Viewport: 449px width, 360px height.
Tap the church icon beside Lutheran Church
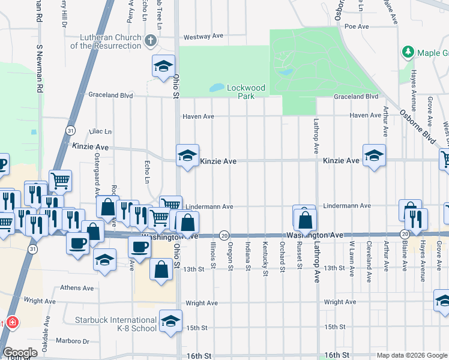[151, 41]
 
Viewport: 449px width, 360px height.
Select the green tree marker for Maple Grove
[408, 52]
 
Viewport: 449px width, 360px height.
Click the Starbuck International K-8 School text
[116, 324]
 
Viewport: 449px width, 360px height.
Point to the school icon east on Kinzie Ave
[374, 155]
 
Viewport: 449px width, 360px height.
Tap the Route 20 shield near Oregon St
[223, 234]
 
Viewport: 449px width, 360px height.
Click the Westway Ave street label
[203, 37]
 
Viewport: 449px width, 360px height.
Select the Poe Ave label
[357, 26]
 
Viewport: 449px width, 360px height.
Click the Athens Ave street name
[77, 288]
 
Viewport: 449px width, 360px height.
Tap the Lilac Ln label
[100, 131]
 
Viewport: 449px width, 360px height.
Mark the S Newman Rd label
[40, 67]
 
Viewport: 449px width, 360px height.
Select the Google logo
[20, 353]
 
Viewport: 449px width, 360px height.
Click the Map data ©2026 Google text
[411, 355]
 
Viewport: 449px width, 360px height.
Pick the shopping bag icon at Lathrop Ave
[305, 220]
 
